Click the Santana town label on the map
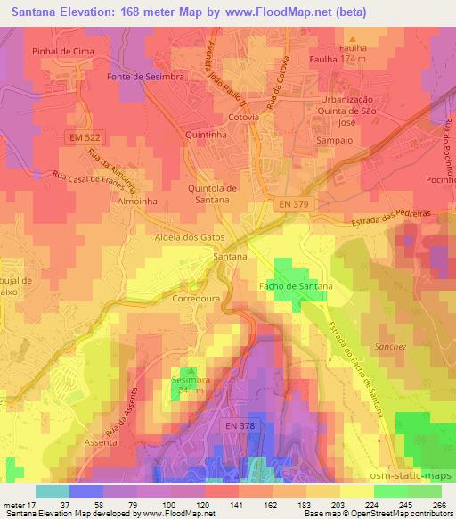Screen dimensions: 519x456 [230, 256]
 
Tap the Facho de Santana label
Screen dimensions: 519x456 [295, 286]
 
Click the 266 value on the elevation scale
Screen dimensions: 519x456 [438, 505]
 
